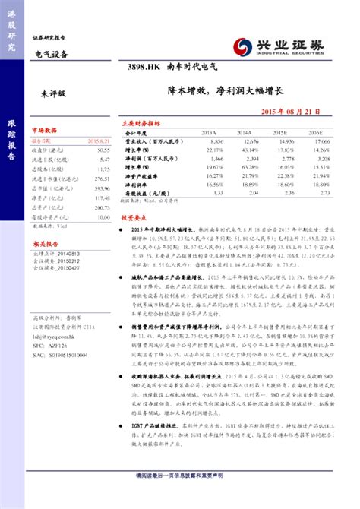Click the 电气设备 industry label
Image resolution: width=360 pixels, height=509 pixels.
(x=52, y=54)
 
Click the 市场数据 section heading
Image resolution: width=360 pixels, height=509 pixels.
(x=43, y=130)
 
